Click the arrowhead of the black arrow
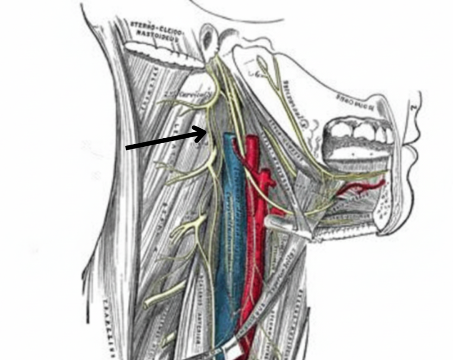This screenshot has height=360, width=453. pyautogui.click(x=205, y=131)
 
